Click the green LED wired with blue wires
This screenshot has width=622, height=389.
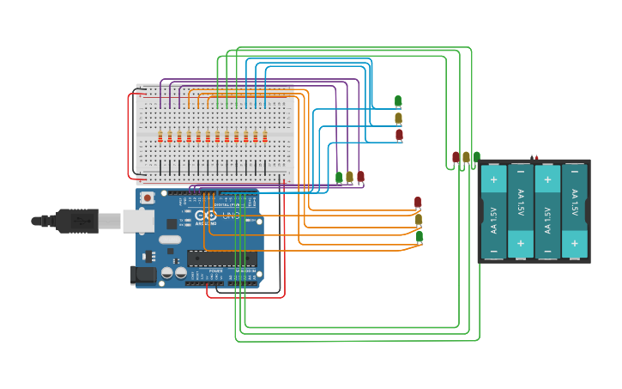click(398, 101)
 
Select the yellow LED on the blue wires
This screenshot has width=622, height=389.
click(398, 119)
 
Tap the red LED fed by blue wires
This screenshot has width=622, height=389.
click(399, 135)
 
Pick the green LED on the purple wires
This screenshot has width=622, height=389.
click(339, 177)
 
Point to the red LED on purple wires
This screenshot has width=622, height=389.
click(360, 177)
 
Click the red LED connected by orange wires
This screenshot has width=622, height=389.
click(418, 203)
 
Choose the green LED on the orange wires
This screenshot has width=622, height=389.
click(420, 237)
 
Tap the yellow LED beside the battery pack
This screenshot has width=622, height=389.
click(466, 157)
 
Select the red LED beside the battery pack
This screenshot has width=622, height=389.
click(456, 157)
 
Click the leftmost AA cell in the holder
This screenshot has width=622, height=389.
click(493, 211)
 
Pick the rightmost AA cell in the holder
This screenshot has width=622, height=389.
click(574, 211)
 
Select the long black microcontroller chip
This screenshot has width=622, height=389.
click(221, 258)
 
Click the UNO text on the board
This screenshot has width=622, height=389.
click(231, 216)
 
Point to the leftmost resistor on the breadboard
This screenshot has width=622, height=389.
click(160, 136)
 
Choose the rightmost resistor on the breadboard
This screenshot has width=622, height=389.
click(264, 136)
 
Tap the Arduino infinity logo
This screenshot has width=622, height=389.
click(206, 216)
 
